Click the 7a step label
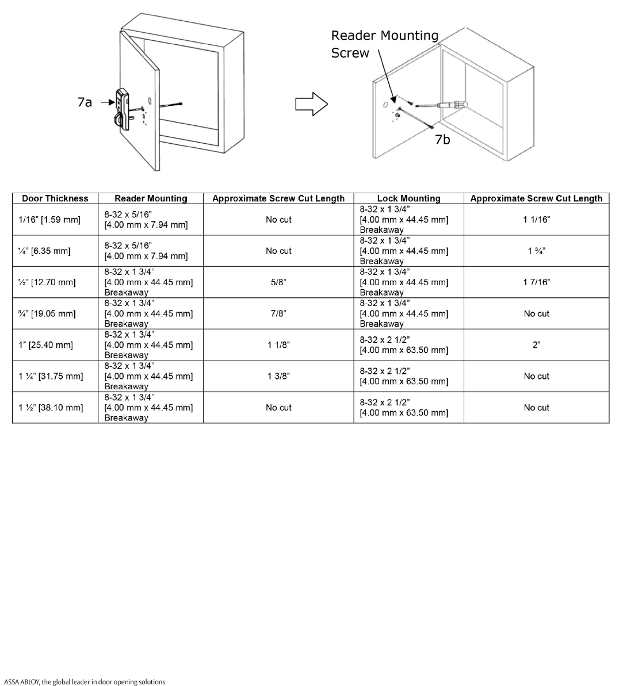(85, 102)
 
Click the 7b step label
(442, 139)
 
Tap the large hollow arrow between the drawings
(311, 104)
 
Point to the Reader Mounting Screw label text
(384, 44)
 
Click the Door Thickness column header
(55, 198)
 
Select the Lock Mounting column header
(408, 198)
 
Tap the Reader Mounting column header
(151, 198)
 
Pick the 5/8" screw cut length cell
(278, 282)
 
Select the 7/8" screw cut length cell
(278, 313)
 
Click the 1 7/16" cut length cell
(536, 282)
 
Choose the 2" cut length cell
(536, 345)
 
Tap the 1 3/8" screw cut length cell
(278, 376)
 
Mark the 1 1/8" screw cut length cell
(278, 345)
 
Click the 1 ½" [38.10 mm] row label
(51, 408)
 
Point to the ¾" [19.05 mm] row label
(47, 313)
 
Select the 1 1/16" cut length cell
(536, 220)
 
